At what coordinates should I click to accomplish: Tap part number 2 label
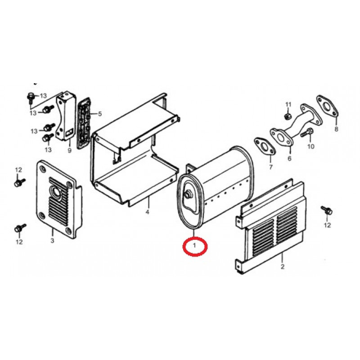tap(283, 266)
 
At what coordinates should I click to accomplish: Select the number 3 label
tap(52, 240)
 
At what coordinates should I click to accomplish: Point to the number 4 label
tap(148, 211)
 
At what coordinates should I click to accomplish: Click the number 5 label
tap(99, 114)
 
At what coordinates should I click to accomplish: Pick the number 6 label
tap(289, 158)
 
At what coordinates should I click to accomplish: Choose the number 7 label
tap(271, 167)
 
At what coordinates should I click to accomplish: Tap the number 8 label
tap(336, 129)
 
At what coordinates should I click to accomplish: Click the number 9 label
tap(69, 150)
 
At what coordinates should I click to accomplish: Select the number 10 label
tap(310, 146)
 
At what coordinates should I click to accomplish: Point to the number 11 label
tap(288, 104)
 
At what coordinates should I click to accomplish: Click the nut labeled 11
tap(287, 116)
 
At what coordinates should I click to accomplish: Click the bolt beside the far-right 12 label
tap(327, 210)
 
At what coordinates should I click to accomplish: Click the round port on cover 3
tap(56, 190)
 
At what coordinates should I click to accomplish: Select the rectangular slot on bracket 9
tap(69, 132)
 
